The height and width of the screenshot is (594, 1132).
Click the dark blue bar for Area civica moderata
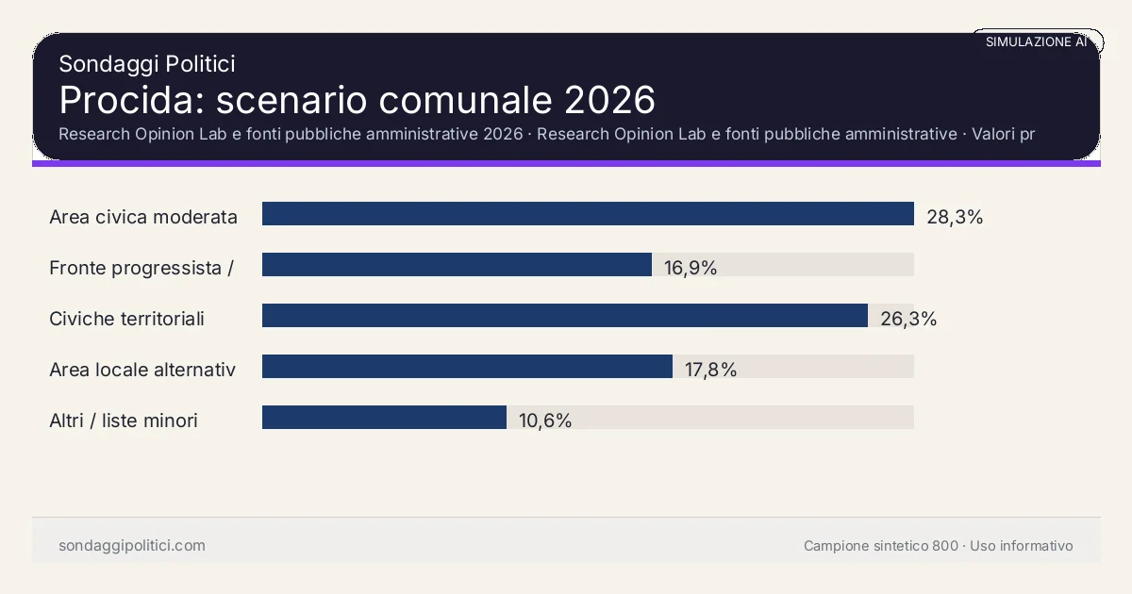pos(588,214)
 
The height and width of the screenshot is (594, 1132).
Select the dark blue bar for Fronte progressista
pos(457,265)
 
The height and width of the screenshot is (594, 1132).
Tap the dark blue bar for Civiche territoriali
pos(564,316)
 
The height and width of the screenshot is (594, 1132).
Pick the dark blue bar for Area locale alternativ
pos(467,367)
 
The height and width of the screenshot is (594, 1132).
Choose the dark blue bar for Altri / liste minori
pos(384,418)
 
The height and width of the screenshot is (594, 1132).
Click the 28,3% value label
pos(955,217)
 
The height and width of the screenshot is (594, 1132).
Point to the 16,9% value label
pos(691,268)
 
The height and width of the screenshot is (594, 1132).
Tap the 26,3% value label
pos(908,319)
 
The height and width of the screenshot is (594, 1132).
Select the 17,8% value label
pos(710,370)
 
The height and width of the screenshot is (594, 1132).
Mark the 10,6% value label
pos(545,421)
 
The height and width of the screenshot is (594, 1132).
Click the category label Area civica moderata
pos(143,217)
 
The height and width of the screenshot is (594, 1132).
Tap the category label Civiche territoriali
pos(126,319)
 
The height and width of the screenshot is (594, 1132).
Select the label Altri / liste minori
pos(124,421)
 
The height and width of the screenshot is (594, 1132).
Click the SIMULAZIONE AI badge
pos(1036,41)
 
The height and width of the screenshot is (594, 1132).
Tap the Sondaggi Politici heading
pos(146,63)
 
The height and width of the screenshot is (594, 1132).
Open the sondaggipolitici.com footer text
pos(131,546)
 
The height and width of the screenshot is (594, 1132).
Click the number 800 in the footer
pos(945,546)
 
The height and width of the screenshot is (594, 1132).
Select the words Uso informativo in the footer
pos(1022,546)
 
